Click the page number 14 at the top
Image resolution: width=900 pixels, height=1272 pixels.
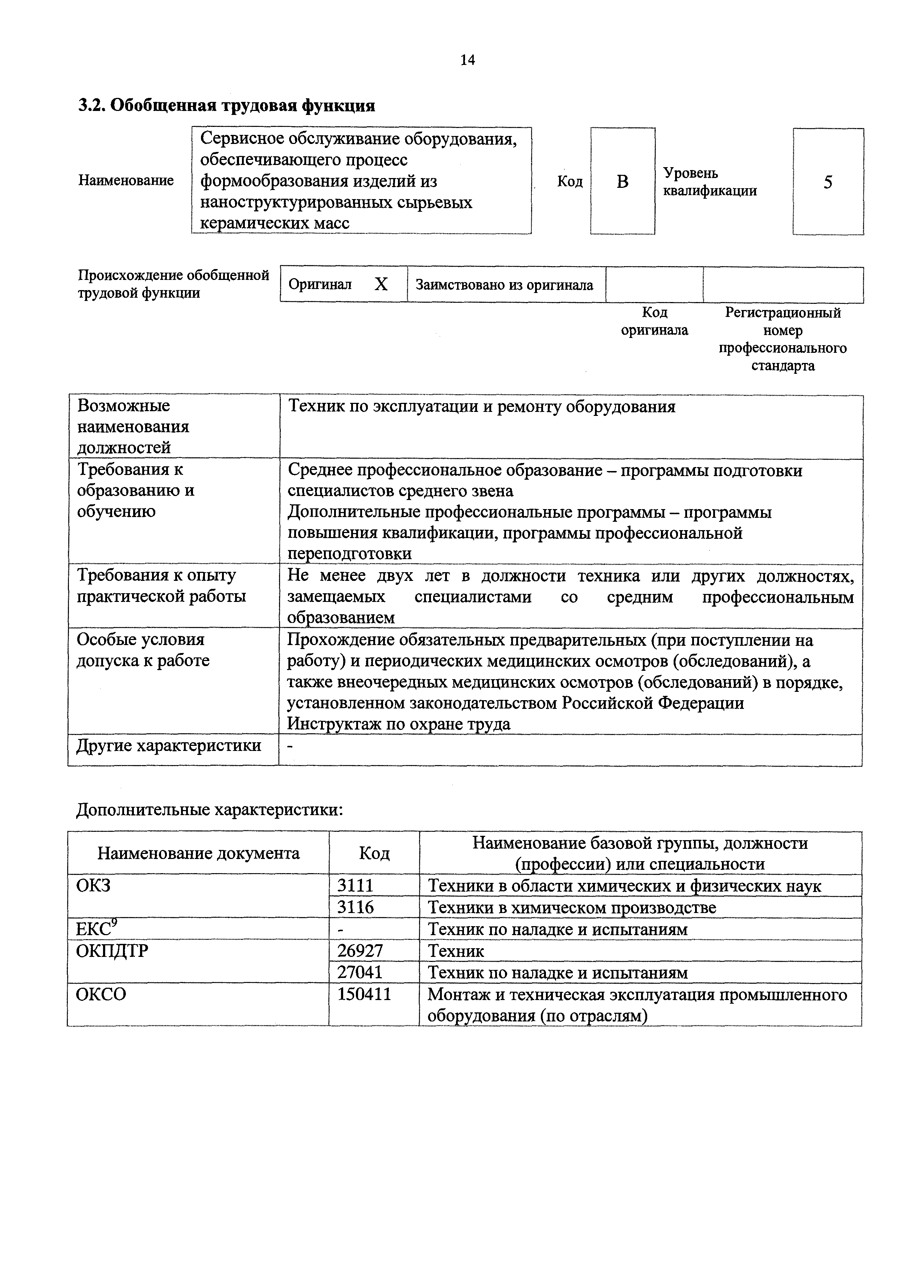467,60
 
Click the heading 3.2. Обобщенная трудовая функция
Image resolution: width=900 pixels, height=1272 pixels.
226,105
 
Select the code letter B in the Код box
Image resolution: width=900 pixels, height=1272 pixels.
622,182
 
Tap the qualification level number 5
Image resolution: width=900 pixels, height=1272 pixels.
827,182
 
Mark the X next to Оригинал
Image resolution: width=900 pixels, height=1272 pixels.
381,284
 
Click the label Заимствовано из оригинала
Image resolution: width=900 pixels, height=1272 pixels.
504,285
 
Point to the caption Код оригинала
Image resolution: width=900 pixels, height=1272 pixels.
654,321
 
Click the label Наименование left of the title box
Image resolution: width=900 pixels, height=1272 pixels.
126,181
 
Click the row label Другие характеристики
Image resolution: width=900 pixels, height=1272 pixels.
168,746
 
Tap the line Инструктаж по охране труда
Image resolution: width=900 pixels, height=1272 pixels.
398,724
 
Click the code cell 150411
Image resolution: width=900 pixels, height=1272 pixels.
364,995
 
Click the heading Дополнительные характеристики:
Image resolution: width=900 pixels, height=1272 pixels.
209,810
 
